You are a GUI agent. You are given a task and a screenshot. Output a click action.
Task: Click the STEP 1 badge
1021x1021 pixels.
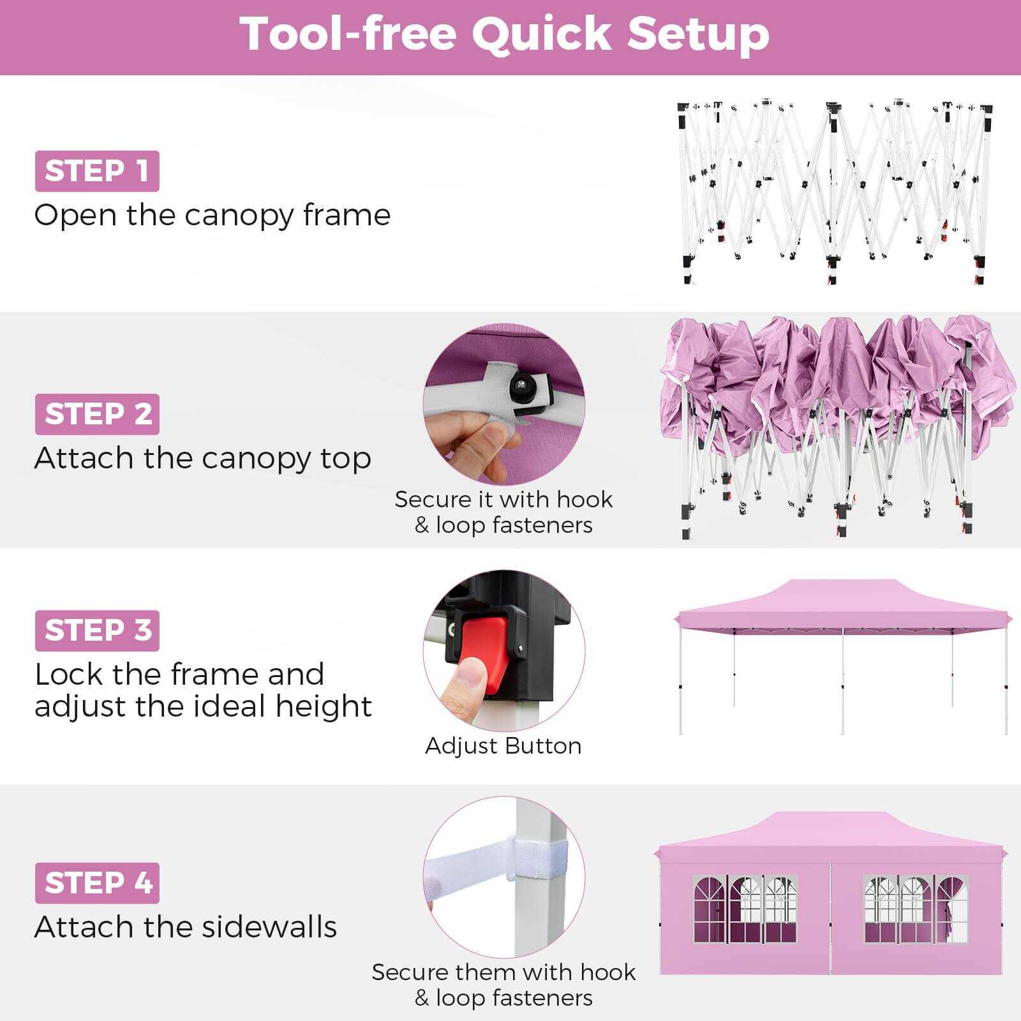(x=97, y=171)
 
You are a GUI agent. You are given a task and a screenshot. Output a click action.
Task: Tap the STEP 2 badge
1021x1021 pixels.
(x=97, y=414)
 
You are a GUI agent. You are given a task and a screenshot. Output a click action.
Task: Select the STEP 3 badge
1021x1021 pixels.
(x=97, y=630)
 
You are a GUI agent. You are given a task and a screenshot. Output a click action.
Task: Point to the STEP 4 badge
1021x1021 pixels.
(x=97, y=883)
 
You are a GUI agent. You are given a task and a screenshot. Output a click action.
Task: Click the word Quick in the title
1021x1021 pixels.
(x=542, y=34)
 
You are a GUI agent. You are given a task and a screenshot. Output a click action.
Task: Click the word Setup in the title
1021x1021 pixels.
(x=698, y=34)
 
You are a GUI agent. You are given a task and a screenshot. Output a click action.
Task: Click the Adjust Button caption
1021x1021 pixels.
(x=503, y=746)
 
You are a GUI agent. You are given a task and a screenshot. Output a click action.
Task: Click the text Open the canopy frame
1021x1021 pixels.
(x=212, y=215)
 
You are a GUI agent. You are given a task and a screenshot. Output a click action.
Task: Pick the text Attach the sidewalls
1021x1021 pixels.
(x=185, y=927)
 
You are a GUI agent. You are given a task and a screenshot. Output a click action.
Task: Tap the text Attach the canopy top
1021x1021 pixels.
(x=202, y=458)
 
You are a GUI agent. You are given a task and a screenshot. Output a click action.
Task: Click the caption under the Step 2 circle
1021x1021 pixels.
(x=503, y=512)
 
